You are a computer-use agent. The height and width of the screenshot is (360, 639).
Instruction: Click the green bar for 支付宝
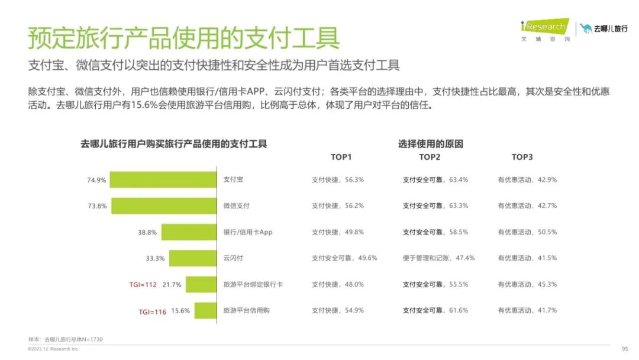point(163,180)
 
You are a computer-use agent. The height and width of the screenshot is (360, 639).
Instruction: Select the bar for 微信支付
point(164,206)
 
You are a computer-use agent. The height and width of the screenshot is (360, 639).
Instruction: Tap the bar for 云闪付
point(192,258)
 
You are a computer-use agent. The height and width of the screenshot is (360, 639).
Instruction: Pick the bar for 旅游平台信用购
point(205,311)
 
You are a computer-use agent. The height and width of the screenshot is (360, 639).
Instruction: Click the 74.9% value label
point(96,180)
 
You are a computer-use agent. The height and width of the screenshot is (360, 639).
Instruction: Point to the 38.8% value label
point(147,233)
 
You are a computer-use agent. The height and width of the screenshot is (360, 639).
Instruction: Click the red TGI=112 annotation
point(143,285)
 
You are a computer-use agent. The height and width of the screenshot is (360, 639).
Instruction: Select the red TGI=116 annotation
point(153,311)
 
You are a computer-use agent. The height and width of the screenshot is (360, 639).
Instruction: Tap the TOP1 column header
point(341,157)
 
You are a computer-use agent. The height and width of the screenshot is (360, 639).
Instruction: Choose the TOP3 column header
point(522,157)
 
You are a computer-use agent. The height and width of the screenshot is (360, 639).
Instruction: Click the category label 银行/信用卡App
point(247,232)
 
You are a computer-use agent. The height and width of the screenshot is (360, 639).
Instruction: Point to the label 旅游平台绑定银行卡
point(253,285)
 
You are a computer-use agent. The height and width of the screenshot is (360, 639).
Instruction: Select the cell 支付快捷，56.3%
point(338,179)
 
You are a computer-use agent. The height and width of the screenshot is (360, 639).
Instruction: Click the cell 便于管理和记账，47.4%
point(438,258)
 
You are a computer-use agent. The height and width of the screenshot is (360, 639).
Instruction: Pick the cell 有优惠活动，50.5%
point(527,232)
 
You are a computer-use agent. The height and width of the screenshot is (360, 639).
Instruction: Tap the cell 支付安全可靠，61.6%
point(435,310)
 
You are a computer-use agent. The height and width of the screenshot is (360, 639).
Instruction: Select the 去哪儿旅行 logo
point(603,28)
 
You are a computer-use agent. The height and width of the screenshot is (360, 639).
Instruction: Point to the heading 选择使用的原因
point(430,144)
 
